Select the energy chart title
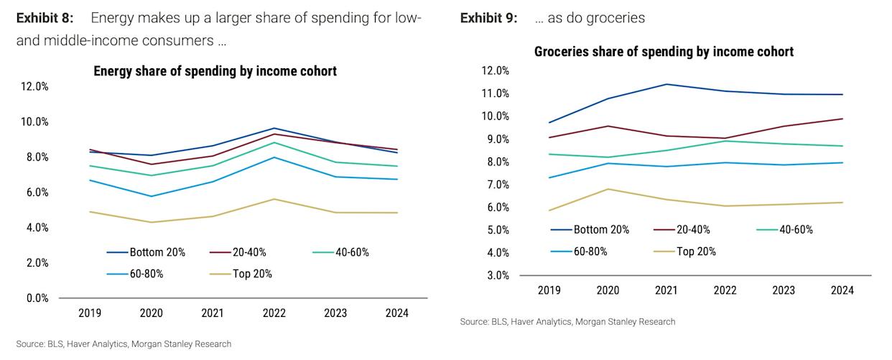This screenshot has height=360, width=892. (x=215, y=71)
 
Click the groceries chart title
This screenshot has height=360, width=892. (x=664, y=52)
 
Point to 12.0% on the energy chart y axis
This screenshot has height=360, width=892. (x=34, y=86)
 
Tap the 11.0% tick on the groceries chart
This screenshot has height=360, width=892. (x=494, y=93)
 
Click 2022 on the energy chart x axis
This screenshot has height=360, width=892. (x=274, y=313)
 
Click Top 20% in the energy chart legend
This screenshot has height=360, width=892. (x=252, y=274)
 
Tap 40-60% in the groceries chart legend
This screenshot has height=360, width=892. (x=796, y=230)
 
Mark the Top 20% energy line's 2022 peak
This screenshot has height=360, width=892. (x=274, y=199)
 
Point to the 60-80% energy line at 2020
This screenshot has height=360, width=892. (x=151, y=196)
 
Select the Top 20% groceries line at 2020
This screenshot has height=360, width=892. (x=608, y=189)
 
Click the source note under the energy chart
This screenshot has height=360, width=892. (x=124, y=344)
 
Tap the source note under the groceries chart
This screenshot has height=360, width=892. (x=567, y=322)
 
